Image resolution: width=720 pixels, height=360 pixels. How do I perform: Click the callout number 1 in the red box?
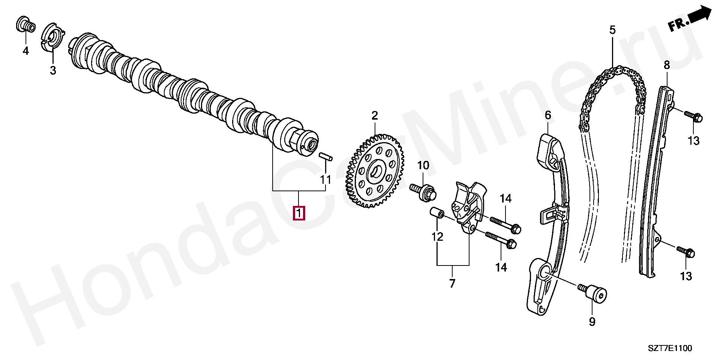pyautogui.click(x=299, y=213)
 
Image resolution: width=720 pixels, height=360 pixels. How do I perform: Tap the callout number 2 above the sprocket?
pyautogui.click(x=375, y=116)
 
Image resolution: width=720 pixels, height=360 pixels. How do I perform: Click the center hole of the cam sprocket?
pyautogui.click(x=376, y=172)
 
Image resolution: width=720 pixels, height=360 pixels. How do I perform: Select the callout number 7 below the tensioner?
pyautogui.click(x=452, y=283)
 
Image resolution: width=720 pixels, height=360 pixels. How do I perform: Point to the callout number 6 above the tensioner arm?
pyautogui.click(x=548, y=115)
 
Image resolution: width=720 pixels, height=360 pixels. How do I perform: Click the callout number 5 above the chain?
pyautogui.click(x=612, y=30)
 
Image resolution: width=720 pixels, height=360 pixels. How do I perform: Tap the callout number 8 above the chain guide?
pyautogui.click(x=666, y=65)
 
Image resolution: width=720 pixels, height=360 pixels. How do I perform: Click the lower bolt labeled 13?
pyautogui.click(x=685, y=252)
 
